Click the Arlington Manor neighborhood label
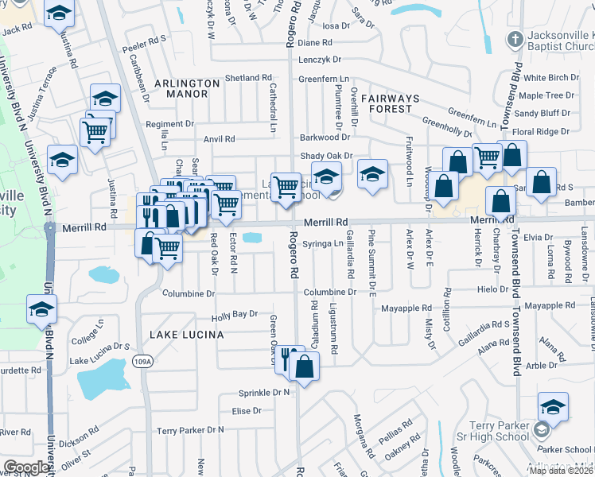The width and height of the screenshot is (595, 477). [x=187, y=88]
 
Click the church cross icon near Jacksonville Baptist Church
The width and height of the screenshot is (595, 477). [x=515, y=39]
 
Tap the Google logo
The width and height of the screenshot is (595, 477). [x=26, y=467]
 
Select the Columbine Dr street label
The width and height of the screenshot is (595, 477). [x=189, y=293]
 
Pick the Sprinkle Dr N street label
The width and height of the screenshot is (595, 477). [x=264, y=393]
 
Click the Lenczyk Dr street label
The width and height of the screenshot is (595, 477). [x=319, y=59]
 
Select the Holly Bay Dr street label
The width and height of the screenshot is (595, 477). [x=235, y=314]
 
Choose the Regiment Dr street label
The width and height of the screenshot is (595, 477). [x=169, y=124]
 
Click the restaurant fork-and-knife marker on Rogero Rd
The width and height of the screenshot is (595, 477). [x=288, y=358]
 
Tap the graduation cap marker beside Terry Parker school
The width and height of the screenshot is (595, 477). [x=553, y=407]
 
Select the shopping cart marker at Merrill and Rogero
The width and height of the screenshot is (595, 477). [x=286, y=187]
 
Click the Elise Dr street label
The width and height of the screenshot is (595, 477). [x=247, y=411]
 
